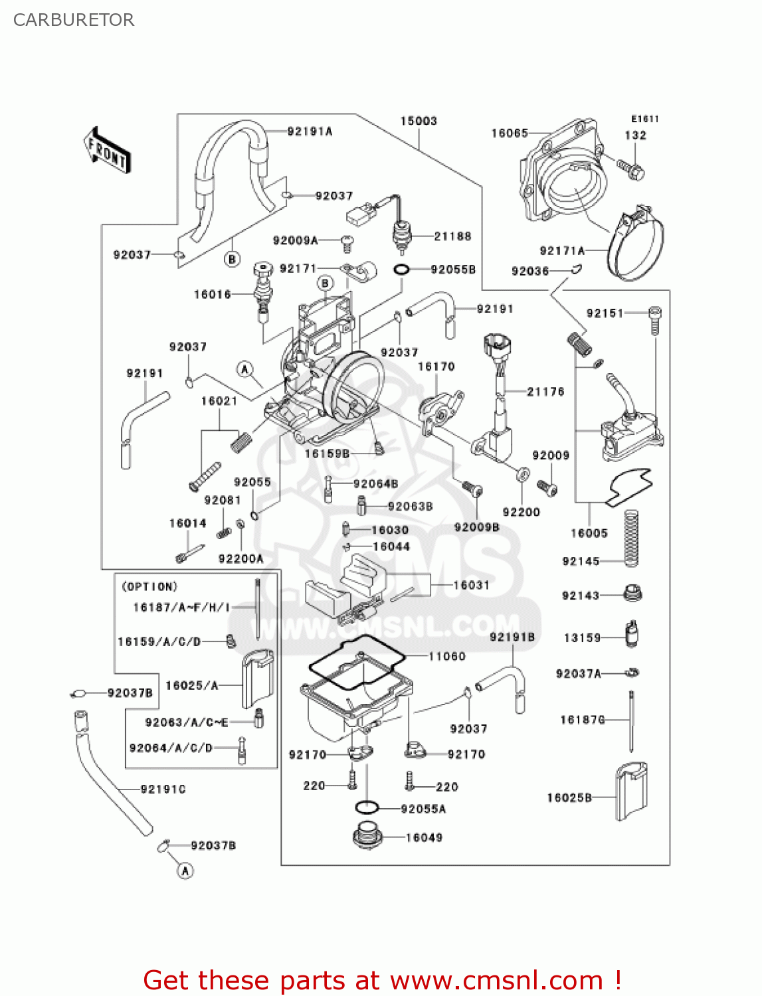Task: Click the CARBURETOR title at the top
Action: [74, 20]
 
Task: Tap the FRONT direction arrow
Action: [107, 151]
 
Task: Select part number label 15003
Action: [419, 121]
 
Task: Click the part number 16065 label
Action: [509, 133]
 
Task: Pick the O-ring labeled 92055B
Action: [402, 270]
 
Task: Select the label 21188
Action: [452, 236]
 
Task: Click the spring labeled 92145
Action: [630, 538]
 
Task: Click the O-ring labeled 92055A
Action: [366, 808]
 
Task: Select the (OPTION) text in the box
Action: [149, 587]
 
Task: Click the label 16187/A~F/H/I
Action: [181, 607]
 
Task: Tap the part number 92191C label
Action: [163, 789]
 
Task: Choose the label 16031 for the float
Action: [471, 585]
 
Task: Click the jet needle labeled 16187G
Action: [632, 720]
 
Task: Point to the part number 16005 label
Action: [589, 533]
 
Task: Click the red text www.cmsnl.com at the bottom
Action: [496, 981]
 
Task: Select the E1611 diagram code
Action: [644, 119]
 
